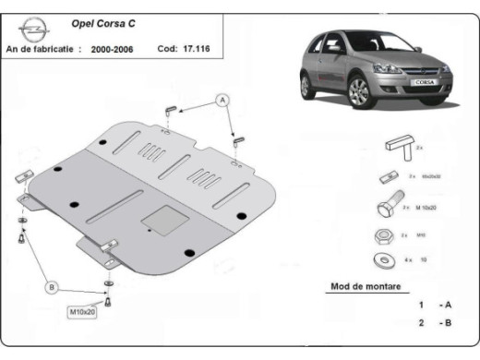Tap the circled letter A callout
pyautogui.click(x=222, y=99)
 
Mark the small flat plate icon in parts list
pyautogui.click(x=388, y=177)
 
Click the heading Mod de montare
pyautogui.click(x=366, y=286)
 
